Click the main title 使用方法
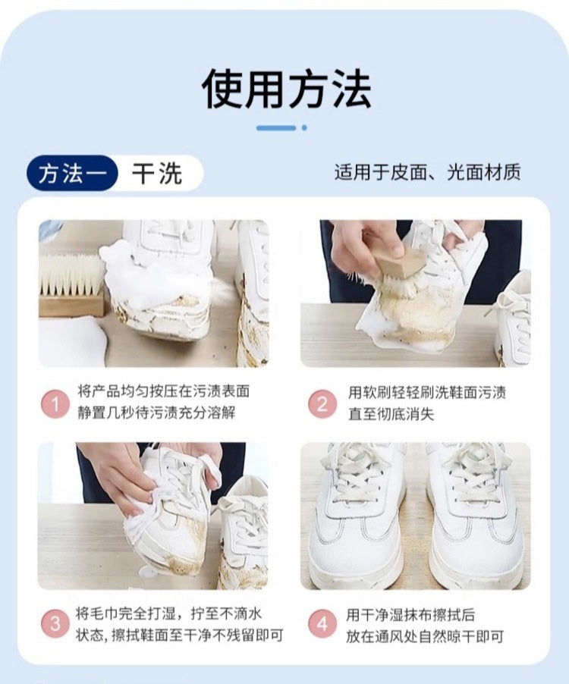(286, 89)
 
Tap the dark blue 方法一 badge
(72, 174)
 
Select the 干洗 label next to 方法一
(156, 174)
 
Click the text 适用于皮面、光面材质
(428, 172)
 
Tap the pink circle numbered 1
(55, 405)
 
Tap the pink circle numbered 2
(322, 404)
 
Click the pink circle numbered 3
(55, 623)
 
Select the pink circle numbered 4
(322, 623)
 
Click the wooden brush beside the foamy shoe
(71, 286)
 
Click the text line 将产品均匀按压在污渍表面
(164, 391)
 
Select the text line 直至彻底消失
(391, 413)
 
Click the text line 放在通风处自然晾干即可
(425, 636)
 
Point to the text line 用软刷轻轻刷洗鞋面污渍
(426, 392)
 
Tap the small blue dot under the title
(304, 128)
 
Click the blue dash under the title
(276, 128)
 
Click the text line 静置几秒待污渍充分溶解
(156, 413)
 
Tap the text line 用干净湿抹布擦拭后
(410, 615)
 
